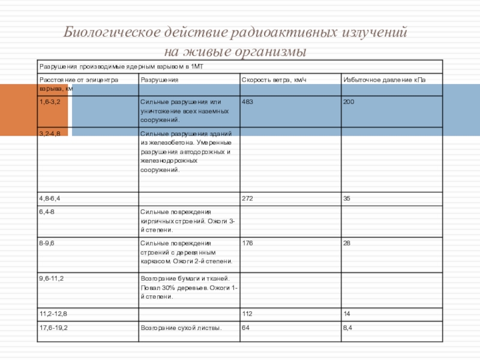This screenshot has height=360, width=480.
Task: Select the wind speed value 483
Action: [247, 102]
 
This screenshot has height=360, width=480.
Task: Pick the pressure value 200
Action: [349, 102]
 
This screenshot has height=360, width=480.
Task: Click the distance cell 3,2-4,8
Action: [50, 132]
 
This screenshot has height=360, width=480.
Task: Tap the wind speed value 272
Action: [247, 197]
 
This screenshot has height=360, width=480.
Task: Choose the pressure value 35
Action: [347, 197]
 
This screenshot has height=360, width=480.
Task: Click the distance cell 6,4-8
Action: [47, 211]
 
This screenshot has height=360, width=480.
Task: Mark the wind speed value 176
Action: [247, 243]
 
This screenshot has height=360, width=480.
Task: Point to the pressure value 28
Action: [347, 243]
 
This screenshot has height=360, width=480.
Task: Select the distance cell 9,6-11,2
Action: [52, 279]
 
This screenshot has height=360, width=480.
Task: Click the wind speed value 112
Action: [247, 314]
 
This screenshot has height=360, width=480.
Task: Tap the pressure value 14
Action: [346, 314]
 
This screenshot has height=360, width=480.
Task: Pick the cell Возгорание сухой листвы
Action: [181, 328]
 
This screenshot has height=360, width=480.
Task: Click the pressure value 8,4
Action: [347, 328]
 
